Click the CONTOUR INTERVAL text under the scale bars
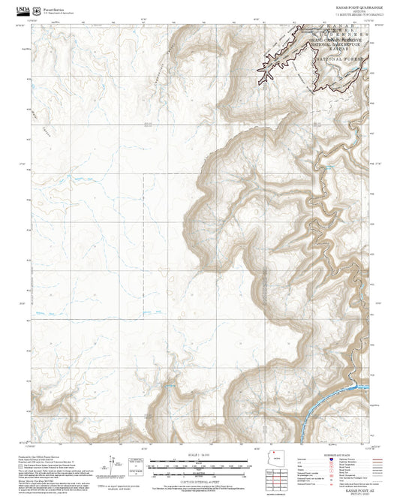click(x=200, y=478)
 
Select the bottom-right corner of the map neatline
click(x=368, y=446)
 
